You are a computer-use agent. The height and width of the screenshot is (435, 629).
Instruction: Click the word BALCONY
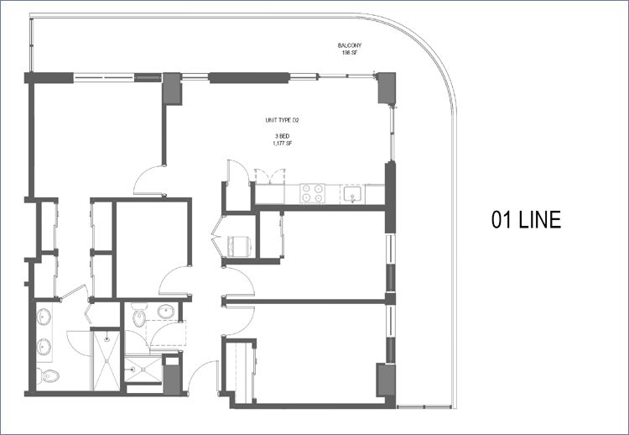[x=349, y=45]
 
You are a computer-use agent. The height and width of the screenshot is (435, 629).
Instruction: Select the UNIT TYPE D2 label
[x=283, y=120]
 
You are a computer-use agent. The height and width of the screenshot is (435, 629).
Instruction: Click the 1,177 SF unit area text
[x=282, y=143]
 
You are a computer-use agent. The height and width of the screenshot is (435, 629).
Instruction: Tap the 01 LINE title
[x=526, y=220]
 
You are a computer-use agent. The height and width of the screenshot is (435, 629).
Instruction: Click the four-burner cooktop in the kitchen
[x=313, y=193]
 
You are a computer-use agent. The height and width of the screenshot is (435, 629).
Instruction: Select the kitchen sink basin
[x=353, y=194]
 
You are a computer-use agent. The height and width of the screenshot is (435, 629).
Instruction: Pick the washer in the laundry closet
[x=239, y=246]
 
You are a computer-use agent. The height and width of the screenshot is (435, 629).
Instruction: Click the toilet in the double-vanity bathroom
[x=48, y=376]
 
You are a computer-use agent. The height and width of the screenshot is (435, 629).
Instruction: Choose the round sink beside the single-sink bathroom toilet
[x=166, y=312]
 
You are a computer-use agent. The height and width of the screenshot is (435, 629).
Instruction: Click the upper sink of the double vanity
[x=44, y=317]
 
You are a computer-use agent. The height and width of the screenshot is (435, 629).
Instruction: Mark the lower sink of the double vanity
[x=44, y=347]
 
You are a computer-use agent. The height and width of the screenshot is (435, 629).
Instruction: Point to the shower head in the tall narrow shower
[x=107, y=339]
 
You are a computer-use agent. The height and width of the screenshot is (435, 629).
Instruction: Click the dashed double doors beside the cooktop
[x=270, y=176]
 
